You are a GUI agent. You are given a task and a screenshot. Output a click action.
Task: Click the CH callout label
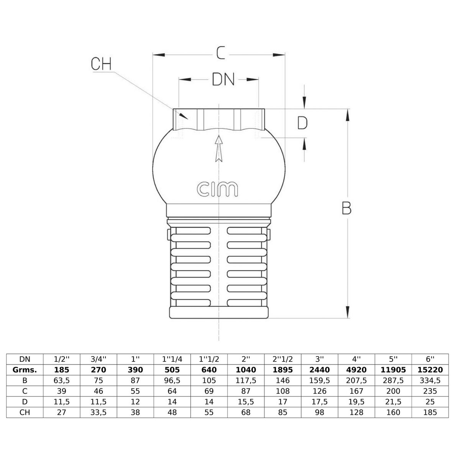tap(101, 64)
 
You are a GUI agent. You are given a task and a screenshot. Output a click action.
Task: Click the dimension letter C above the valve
tap(221, 53)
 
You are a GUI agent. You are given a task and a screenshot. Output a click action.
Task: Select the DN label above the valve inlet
tap(223, 79)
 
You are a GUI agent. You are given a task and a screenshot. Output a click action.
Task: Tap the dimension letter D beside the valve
tap(302, 123)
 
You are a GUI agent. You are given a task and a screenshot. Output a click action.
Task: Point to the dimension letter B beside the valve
tap(347, 208)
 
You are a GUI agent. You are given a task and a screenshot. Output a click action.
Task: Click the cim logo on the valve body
tap(217, 189)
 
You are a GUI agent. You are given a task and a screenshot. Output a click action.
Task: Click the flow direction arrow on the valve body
tap(219, 148)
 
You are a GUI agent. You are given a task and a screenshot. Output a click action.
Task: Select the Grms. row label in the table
tap(25, 370)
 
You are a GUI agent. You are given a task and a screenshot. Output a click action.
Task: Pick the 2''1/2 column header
tap(283, 359)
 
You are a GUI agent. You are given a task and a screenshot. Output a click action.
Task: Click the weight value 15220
tap(430, 370)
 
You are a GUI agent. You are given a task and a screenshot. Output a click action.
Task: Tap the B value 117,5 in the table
tap(246, 380)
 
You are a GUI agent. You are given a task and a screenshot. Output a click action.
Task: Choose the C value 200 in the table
tap(393, 391)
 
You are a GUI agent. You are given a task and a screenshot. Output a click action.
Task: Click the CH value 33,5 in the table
tap(99, 412)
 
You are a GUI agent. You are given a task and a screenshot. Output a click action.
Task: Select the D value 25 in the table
tap(430, 401)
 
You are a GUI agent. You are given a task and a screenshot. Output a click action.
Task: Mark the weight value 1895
tap(283, 370)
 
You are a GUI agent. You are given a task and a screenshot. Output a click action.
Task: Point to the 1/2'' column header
tap(62, 359)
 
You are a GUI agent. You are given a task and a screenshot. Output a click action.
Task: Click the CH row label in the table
tap(25, 412)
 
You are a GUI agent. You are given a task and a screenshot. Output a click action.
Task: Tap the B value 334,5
tap(430, 380)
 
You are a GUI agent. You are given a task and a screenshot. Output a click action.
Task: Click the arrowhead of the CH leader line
tap(187, 118)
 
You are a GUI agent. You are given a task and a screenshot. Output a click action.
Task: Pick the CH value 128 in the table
tap(356, 412)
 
